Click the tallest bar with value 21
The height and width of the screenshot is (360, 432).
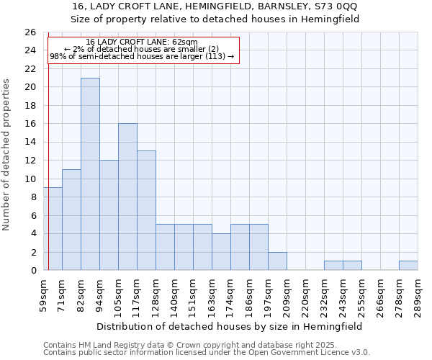click(x=90, y=174)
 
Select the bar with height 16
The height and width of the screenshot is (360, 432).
click(x=127, y=197)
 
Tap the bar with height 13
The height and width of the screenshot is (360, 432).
click(x=146, y=210)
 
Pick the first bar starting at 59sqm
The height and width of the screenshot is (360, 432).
click(x=53, y=229)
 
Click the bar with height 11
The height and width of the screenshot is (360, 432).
click(x=71, y=220)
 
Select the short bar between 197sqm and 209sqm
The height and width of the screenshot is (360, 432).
click(x=277, y=261)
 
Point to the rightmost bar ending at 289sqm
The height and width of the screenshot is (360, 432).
click(x=408, y=266)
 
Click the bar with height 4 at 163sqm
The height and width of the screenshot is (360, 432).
click(x=221, y=252)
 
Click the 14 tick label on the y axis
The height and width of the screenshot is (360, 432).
click(x=30, y=143)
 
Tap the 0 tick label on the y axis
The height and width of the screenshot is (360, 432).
click(x=33, y=271)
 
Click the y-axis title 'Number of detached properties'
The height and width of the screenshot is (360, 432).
click(x=6, y=155)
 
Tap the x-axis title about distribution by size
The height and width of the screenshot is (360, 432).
click(x=230, y=326)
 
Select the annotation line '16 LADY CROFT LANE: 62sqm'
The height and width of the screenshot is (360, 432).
click(x=142, y=42)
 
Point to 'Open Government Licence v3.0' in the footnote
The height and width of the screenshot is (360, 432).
click(x=311, y=352)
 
